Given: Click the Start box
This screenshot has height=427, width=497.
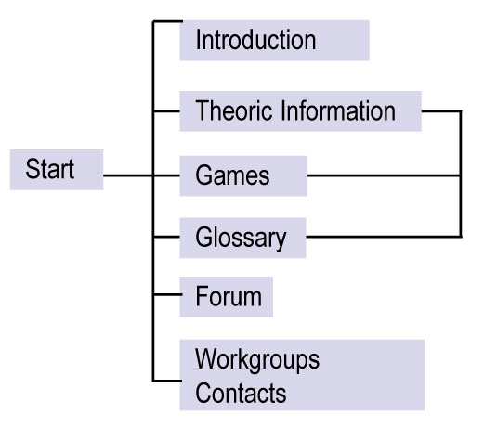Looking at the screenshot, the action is click(57, 170).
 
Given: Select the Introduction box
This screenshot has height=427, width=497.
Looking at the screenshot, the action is click(274, 40).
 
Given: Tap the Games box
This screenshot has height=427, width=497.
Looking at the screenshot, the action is click(243, 175).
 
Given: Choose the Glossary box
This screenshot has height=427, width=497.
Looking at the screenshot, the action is click(242, 238).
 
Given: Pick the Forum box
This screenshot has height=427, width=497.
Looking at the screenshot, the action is click(227, 297).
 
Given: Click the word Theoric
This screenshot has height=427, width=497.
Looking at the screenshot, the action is click(234, 110).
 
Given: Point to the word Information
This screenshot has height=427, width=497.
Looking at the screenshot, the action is click(338, 110).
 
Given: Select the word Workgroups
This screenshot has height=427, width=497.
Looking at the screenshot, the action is click(257, 360).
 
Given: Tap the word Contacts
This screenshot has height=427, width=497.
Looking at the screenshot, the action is click(241, 393).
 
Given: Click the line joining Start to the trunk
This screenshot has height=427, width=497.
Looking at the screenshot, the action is click(128, 175).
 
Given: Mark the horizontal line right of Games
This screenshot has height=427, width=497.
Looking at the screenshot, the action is click(384, 175).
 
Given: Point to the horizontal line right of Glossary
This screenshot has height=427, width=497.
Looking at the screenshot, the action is click(384, 237).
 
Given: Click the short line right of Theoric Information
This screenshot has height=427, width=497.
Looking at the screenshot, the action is click(441, 111).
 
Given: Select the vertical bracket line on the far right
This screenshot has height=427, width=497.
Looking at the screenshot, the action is click(461, 174).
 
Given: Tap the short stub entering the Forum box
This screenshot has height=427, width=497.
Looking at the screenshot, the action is click(167, 294).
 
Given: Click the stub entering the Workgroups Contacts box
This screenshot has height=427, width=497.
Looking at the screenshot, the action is click(167, 381).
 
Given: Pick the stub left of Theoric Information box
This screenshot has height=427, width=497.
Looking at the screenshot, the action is click(166, 111).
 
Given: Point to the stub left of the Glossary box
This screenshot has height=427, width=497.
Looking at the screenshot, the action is click(166, 237).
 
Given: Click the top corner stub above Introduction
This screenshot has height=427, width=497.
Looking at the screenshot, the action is click(167, 21).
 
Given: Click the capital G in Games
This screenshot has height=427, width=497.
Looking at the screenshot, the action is click(203, 175).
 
